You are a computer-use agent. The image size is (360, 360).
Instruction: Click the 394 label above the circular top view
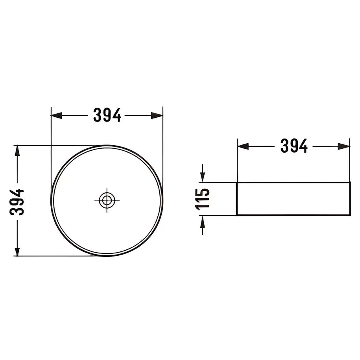pyautogui.click(x=107, y=115)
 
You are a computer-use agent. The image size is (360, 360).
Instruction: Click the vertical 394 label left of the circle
pyautogui.click(x=17, y=201)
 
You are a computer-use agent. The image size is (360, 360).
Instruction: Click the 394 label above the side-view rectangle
pyautogui.click(x=294, y=146)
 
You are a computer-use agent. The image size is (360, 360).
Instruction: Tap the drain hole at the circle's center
pyautogui.click(x=106, y=200)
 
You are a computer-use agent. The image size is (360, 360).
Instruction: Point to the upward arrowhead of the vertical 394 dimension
pyautogui.click(x=17, y=150)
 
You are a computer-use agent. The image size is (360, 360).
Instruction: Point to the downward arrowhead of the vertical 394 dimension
pyautogui.click(x=17, y=251)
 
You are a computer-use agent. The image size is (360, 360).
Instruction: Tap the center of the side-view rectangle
pyautogui.click(x=293, y=199)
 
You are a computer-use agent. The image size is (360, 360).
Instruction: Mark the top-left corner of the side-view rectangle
pyautogui.click(x=237, y=183)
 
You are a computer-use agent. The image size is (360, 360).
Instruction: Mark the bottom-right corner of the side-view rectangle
pyautogui.click(x=349, y=215)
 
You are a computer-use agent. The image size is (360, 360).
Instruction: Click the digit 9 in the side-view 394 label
pyautogui.click(x=294, y=146)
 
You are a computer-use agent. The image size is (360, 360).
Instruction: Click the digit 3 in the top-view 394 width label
pyautogui.click(x=98, y=115)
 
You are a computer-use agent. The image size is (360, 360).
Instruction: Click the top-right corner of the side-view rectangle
pyautogui.click(x=349, y=183)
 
